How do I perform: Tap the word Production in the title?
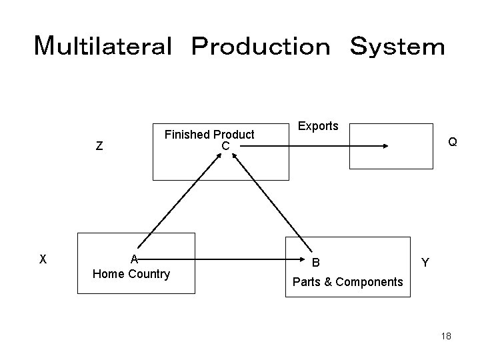click(x=260, y=47)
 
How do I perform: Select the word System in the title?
click(x=397, y=47)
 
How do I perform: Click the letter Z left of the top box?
click(x=99, y=147)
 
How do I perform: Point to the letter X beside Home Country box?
click(x=43, y=259)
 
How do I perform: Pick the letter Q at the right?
click(x=453, y=142)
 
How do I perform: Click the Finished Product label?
click(x=209, y=135)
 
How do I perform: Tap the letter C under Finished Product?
click(x=225, y=146)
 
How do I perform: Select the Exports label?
click(x=318, y=126)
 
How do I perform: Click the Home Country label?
click(x=131, y=274)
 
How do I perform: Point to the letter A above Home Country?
click(x=134, y=260)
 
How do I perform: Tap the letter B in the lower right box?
click(x=316, y=262)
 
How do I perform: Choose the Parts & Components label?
click(x=347, y=282)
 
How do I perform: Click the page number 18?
click(x=446, y=337)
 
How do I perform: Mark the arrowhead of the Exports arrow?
click(x=386, y=147)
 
